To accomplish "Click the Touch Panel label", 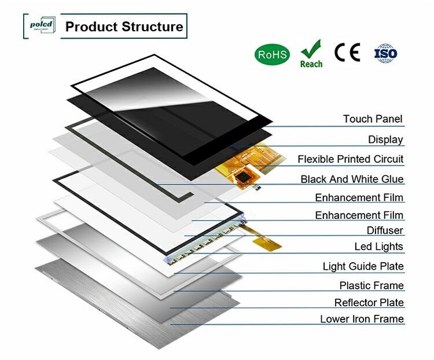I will click(373, 119).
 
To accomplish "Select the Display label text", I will click(385, 139).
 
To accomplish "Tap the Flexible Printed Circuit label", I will click(350, 159).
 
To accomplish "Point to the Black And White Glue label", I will click(352, 179).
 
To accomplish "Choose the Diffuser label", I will click(385, 230).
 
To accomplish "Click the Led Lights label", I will click(378, 247).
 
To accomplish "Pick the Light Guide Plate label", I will click(363, 267).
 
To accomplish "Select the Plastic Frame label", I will click(372, 285).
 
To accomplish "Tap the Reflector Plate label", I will click(369, 303).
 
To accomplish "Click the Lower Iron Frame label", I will click(362, 319).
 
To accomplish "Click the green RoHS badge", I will click(271, 54).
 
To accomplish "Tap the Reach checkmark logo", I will click(311, 53).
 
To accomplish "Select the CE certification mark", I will click(347, 53).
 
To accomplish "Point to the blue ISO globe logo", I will click(386, 53).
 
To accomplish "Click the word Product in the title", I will click(90, 27).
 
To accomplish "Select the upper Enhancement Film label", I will click(359, 198).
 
